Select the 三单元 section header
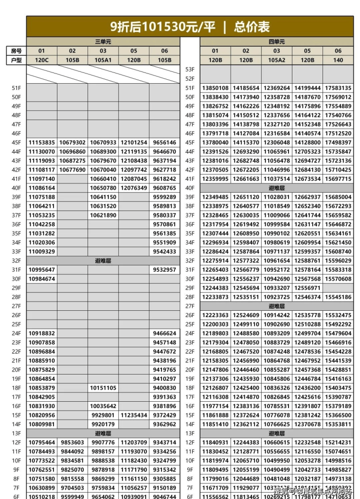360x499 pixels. point(103,42)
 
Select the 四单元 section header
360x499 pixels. point(276,42)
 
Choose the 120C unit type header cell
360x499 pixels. point(41,60)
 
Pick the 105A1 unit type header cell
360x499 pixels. point(103,60)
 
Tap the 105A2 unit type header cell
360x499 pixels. point(276,60)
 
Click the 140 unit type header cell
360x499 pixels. point(338,60)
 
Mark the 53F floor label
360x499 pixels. point(190,70)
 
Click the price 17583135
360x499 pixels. point(338,88)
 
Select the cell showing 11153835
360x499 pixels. point(41,143)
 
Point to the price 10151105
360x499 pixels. point(103,388)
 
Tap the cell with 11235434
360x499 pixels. point(134,415)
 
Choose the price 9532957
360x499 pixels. point(164,269)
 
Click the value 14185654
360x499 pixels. point(246,88)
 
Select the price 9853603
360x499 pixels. point(72,442)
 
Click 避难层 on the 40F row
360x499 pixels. point(276,188)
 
